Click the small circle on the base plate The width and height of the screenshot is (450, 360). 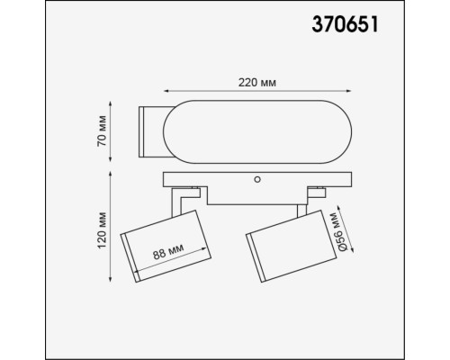258,179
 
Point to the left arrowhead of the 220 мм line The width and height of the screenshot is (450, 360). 165,93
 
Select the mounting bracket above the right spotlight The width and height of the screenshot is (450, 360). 316,193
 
